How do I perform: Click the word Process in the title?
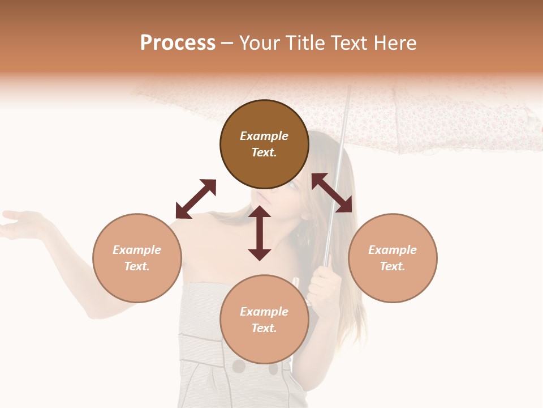coord(178,43)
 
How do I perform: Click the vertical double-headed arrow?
coord(260,233)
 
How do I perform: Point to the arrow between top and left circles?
coord(196,199)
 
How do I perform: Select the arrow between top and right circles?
coord(331,193)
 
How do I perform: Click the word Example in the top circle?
coord(264,136)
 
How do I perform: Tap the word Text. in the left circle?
coord(137,266)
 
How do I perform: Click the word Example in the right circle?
coord(393,250)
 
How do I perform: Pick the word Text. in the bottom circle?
coord(264,328)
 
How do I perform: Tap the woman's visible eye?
coord(293,185)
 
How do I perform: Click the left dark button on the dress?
coord(239,367)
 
